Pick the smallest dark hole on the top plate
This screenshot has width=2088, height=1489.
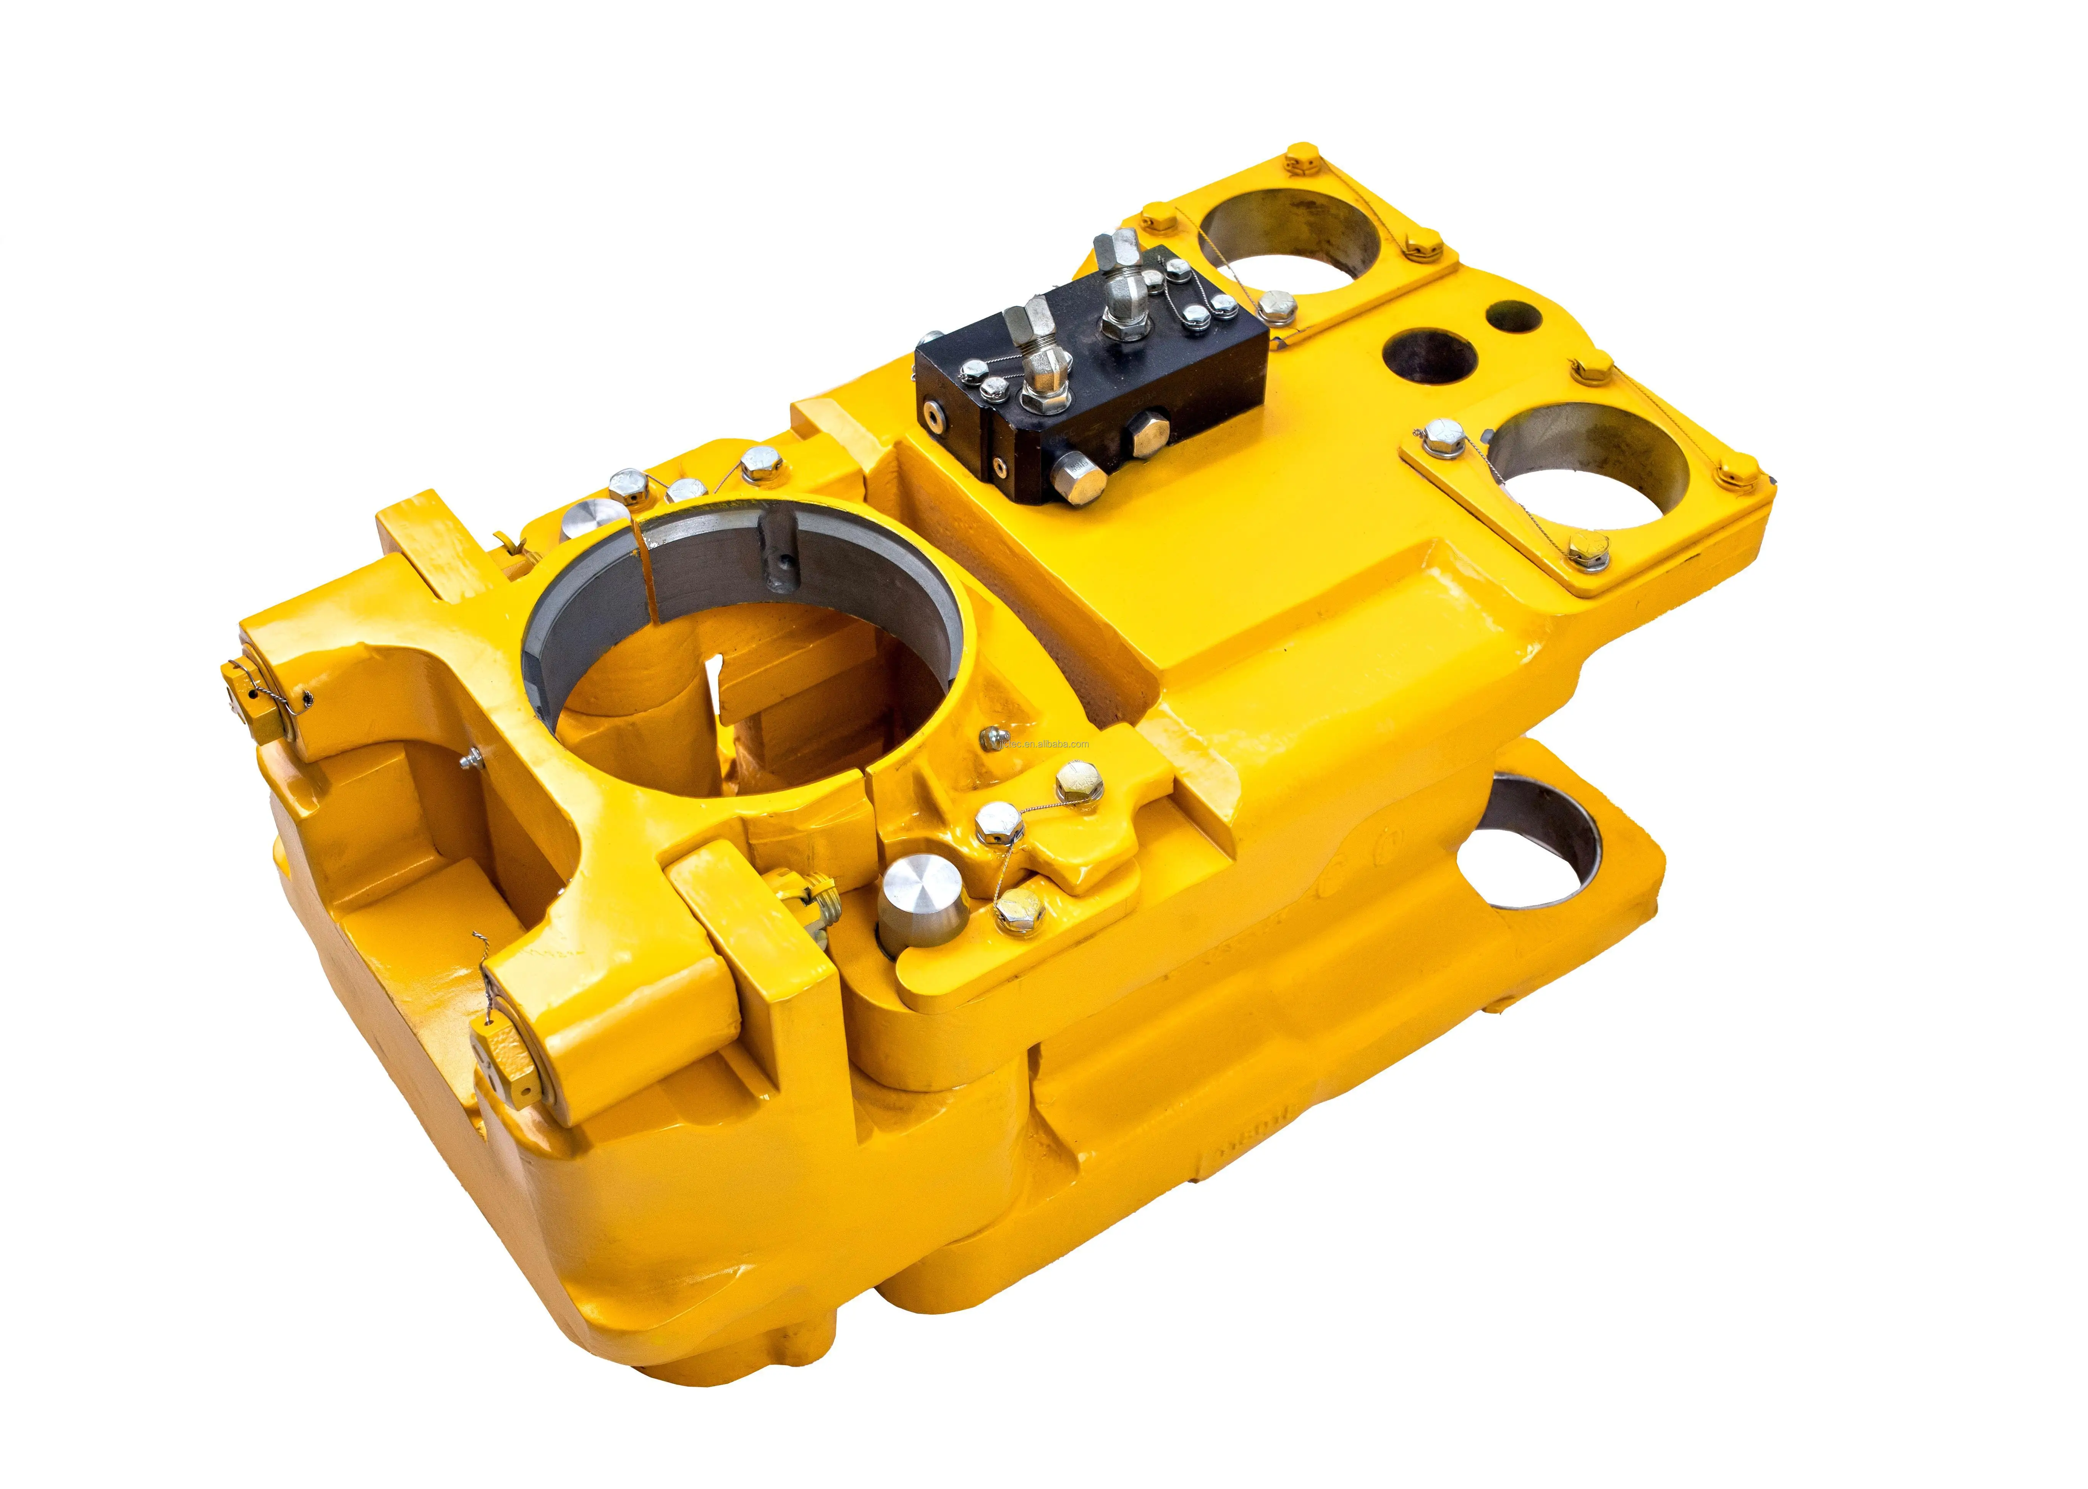[x=1512, y=316]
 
